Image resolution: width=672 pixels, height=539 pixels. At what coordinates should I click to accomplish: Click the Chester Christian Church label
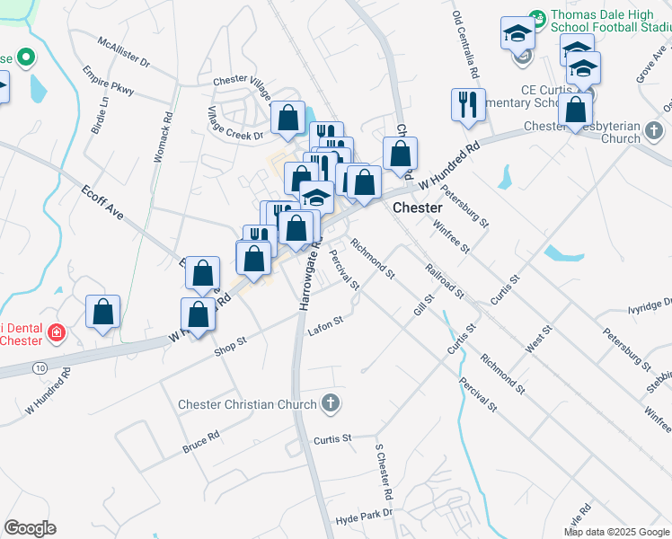pyautogui.click(x=248, y=404)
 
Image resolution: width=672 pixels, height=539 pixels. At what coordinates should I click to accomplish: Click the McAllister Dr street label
pyautogui.click(x=125, y=54)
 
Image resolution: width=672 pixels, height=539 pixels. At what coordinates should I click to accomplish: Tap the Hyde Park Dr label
pyautogui.click(x=364, y=515)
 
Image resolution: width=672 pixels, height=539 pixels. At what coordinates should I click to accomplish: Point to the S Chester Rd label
pyautogui.click(x=385, y=471)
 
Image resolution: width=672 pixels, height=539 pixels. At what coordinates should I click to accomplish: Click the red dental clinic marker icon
pyautogui.click(x=56, y=333)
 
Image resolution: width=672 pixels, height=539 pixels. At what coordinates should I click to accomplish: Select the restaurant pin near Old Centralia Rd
pyautogui.click(x=468, y=103)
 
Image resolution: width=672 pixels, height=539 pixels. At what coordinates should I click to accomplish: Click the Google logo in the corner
pyautogui.click(x=30, y=527)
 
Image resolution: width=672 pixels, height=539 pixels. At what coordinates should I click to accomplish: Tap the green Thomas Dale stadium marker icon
pyautogui.click(x=537, y=16)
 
